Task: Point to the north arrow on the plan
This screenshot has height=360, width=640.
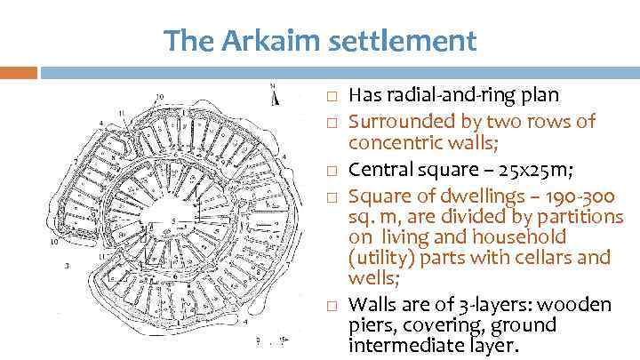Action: point(274,92)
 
